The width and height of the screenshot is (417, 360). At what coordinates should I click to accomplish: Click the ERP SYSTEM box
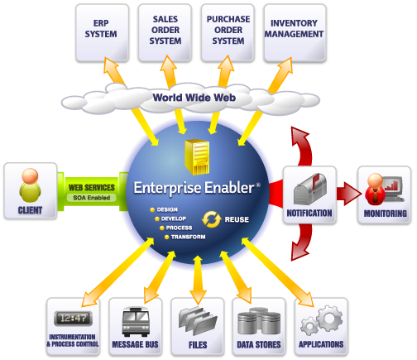102,32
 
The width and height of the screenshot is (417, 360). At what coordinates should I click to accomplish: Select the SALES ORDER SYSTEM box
165,32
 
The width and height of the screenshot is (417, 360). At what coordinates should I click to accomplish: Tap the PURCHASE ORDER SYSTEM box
228,32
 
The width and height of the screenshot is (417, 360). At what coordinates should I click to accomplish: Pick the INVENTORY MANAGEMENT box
295,32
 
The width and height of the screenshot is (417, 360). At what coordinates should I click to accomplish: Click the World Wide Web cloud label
194,98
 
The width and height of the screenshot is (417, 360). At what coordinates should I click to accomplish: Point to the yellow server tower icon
197,156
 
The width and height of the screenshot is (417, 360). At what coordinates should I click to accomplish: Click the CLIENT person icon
30,185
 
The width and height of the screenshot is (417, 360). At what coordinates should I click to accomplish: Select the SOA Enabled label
92,198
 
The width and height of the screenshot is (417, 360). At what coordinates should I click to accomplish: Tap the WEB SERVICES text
92,188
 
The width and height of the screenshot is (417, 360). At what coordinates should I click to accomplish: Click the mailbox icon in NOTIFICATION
310,190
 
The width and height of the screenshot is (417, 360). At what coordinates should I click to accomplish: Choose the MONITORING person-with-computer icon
385,190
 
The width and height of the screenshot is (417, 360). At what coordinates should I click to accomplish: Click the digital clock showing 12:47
73,319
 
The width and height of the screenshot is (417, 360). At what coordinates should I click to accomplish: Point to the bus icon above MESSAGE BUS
136,322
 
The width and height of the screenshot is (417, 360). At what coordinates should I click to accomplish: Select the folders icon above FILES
198,320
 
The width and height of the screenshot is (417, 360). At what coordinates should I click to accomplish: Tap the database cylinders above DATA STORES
259,321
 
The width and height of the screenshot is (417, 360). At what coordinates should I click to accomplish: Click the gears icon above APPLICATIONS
322,320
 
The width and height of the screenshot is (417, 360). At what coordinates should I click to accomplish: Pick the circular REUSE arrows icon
212,219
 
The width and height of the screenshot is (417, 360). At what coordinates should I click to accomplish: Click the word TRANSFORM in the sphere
188,237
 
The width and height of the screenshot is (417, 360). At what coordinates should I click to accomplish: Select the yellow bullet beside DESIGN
152,210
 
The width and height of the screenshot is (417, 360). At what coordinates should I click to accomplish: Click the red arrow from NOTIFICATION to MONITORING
349,194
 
